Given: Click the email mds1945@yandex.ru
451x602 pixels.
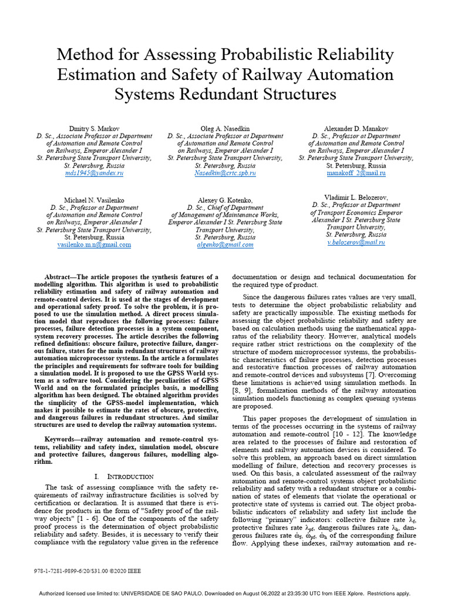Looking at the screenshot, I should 94,174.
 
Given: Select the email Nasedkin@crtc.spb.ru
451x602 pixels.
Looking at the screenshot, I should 225,174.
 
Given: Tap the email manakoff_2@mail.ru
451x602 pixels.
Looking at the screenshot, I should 356,174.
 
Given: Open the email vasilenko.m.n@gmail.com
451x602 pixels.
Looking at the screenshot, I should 94,245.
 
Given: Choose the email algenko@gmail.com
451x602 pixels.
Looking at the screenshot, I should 225,245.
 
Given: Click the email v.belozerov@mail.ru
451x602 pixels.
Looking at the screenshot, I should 356,242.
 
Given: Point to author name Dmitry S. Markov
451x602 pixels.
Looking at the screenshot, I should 94,128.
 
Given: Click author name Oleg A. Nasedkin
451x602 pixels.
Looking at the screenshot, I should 225,128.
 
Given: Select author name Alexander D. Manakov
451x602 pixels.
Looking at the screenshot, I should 356,128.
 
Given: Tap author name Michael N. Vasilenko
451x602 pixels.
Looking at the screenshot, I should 94,200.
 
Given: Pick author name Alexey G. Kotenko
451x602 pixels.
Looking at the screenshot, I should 225,200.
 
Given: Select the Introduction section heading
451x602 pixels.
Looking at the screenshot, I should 129,476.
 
